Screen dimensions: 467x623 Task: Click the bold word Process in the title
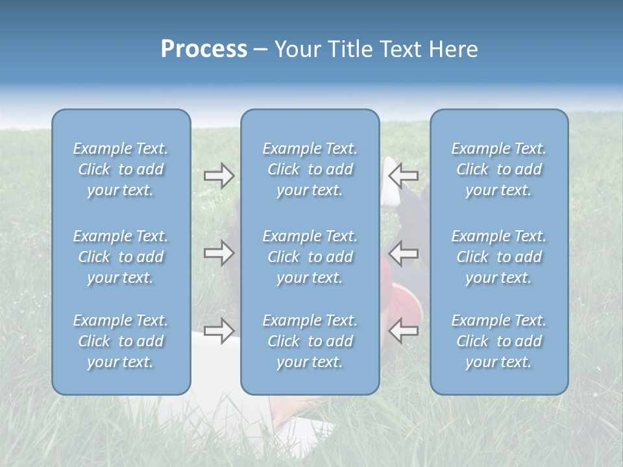tap(204, 49)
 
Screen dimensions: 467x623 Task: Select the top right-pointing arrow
tap(219, 176)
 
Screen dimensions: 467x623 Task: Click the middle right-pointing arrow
tap(219, 253)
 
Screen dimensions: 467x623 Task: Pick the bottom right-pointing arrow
tap(219, 330)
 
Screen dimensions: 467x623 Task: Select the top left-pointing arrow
tap(404, 174)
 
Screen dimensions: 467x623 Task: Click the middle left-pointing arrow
tap(404, 253)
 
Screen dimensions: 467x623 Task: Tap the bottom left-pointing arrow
tap(404, 330)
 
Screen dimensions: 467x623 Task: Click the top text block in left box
tap(121, 169)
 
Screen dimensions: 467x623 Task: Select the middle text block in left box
tap(121, 257)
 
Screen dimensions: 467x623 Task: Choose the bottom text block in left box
tap(121, 341)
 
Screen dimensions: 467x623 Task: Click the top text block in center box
tap(310, 169)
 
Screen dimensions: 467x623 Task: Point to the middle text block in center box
tap(310, 257)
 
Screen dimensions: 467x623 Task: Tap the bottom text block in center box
tap(310, 341)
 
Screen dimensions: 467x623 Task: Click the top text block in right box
tap(499, 169)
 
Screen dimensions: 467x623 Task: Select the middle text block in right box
tap(499, 257)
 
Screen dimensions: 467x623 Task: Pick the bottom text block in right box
tap(499, 341)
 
